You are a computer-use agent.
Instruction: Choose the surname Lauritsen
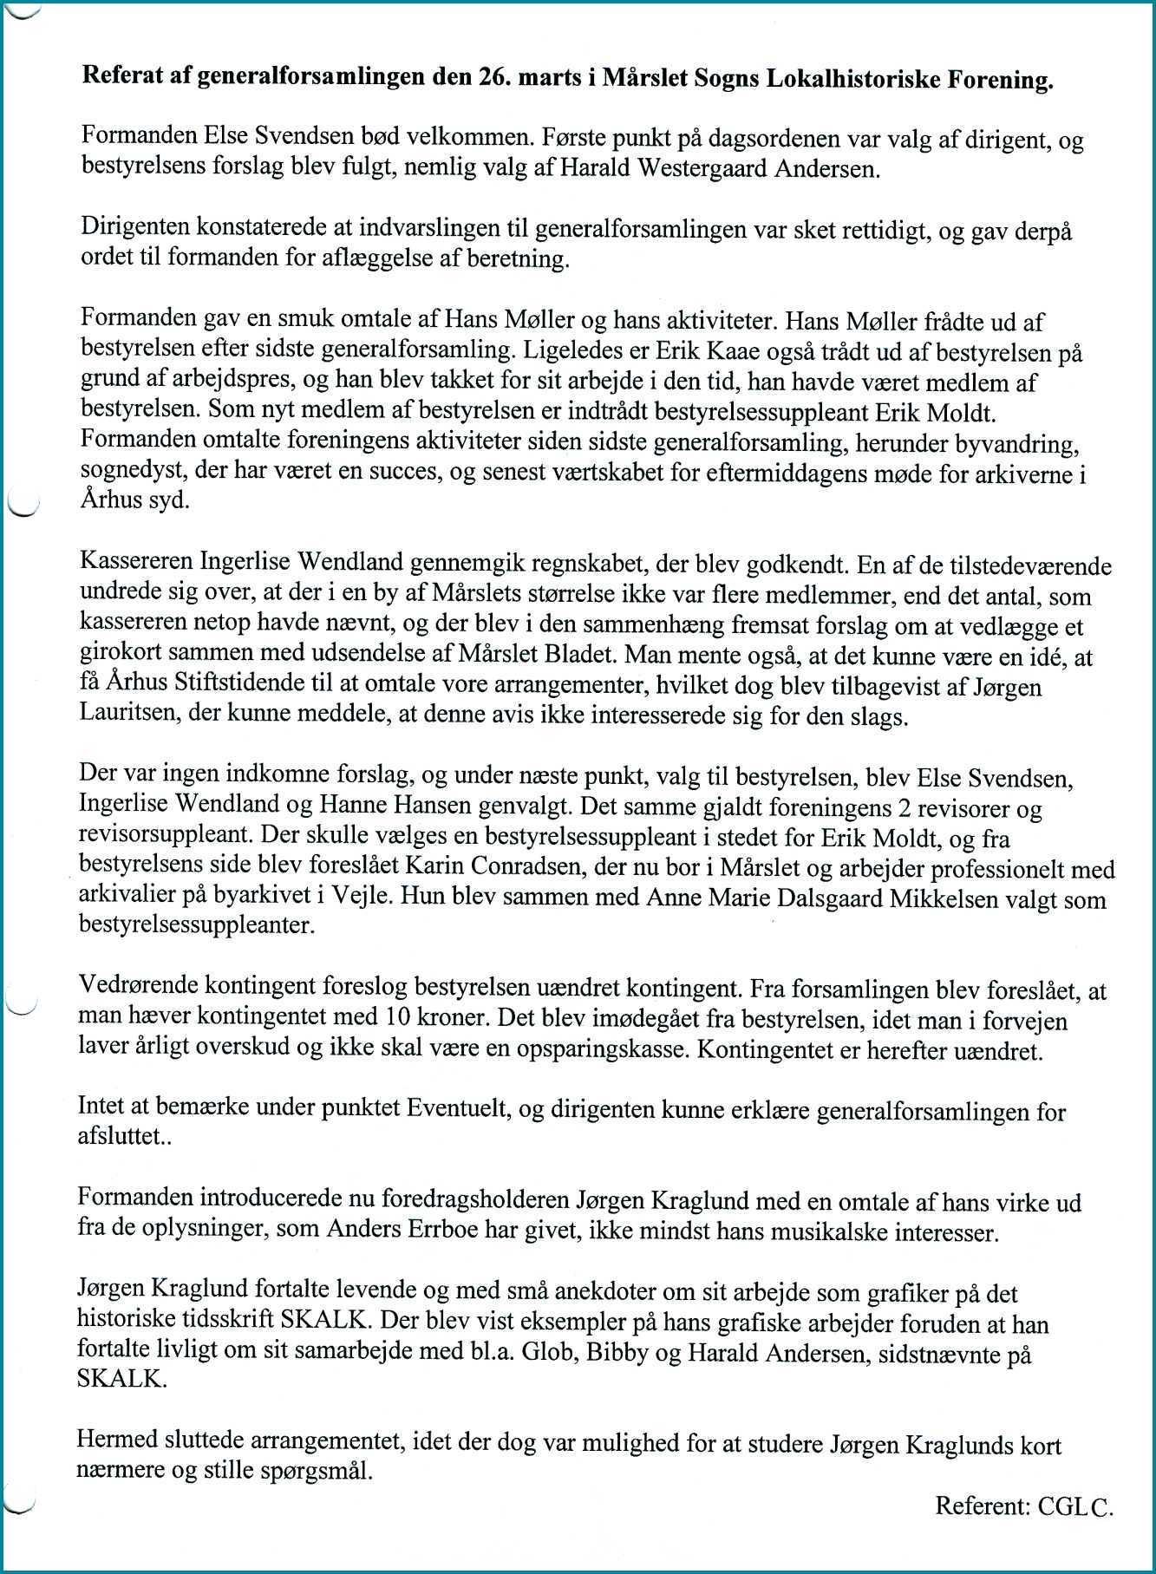133,716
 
